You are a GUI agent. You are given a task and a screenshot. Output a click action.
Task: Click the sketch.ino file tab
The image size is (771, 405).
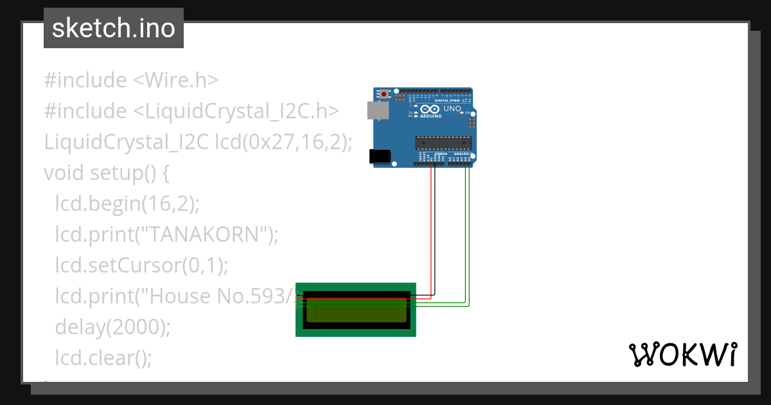point(113,28)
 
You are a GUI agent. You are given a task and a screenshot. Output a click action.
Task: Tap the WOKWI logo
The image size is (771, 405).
point(682,354)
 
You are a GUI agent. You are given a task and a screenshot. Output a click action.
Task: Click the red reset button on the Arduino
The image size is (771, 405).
point(384,94)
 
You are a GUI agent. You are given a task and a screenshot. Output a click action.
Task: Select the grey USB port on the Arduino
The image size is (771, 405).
point(377,111)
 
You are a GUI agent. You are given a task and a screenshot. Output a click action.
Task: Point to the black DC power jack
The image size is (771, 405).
point(379,156)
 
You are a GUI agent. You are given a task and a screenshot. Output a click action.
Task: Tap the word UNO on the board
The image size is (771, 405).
point(453,110)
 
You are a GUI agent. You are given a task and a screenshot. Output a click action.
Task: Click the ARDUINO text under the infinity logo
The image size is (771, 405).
point(431,116)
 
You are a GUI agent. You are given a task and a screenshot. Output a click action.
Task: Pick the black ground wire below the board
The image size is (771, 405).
point(435,231)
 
